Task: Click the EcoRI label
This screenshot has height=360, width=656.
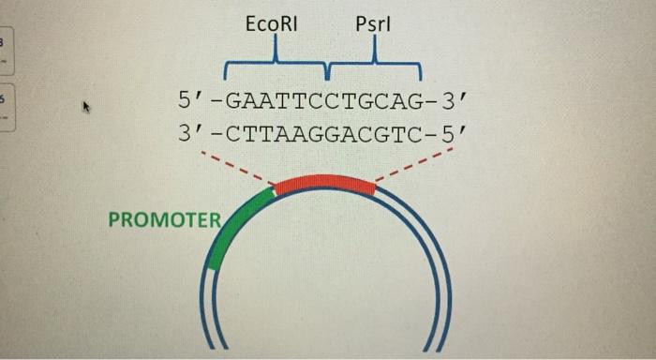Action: pos(271,25)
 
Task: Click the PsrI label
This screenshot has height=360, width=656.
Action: pos(373,25)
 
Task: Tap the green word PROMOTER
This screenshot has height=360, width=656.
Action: pos(164,220)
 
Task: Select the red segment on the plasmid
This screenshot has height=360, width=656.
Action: pos(324,182)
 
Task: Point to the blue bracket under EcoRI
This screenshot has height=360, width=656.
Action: pos(276,67)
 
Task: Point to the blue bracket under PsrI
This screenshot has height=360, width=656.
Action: pos(374,67)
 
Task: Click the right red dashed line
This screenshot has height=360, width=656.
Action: pos(412,166)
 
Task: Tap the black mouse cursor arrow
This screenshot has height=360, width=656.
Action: pos(86,107)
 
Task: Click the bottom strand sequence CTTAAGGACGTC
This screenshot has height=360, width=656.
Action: pos(321,133)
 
